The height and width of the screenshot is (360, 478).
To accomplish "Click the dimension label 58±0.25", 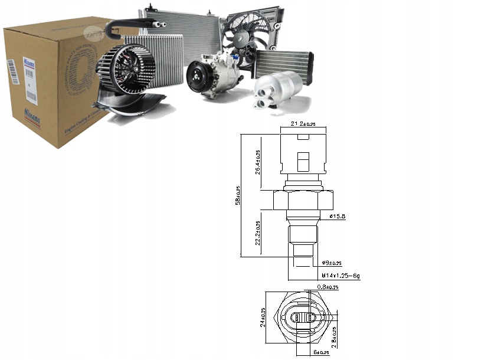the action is point(237,195).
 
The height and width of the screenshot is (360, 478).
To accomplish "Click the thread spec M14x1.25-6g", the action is point(341,276).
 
